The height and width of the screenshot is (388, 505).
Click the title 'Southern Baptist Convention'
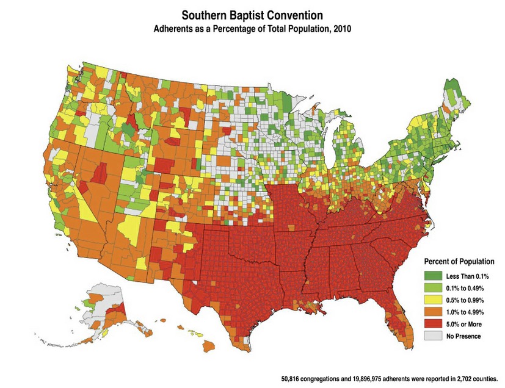click(253, 13)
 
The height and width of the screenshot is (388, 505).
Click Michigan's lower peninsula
click(345, 146)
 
